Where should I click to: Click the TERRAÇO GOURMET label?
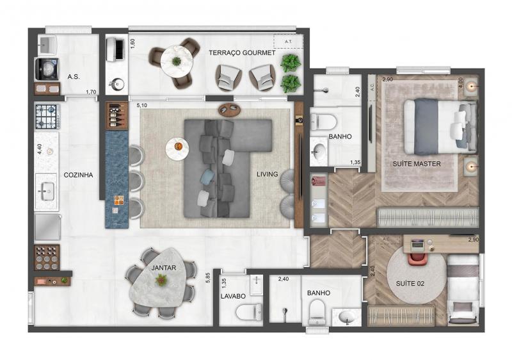point(242,53)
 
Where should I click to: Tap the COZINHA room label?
point(78,175)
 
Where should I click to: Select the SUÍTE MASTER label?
point(417,164)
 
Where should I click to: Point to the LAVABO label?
point(233,297)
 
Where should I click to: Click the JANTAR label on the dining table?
point(164,268)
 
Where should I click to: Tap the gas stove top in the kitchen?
point(47,117)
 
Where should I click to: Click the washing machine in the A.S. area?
point(47,69)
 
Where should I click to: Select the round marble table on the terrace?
point(176,61)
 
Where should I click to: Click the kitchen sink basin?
point(47,192)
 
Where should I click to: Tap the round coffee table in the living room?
point(177,149)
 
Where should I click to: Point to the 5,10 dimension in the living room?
point(142,106)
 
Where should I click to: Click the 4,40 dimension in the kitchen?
point(40,149)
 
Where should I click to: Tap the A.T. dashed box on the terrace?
point(289,42)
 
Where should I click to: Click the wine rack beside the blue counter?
point(116,115)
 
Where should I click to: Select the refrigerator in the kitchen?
point(47,227)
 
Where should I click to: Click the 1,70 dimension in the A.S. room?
point(91,92)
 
